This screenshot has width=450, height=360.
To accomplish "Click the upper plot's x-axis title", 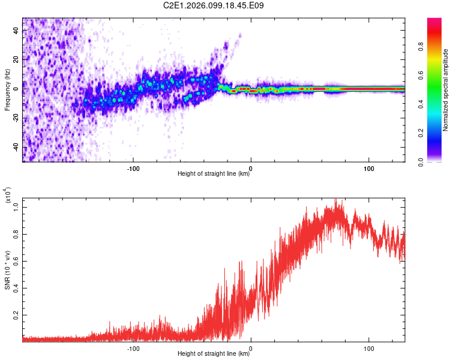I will pos(214,174).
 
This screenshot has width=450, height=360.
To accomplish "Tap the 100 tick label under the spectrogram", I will pos(368,167).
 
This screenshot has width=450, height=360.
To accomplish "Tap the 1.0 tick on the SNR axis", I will pos(16,207).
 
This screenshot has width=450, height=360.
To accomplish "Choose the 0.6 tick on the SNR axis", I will pos(16,261).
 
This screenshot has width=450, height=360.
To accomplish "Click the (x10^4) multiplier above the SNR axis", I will pos(8,196).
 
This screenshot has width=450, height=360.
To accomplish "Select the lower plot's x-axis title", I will pos(214,354).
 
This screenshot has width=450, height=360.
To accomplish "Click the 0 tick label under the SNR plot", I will pos(251,347).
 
